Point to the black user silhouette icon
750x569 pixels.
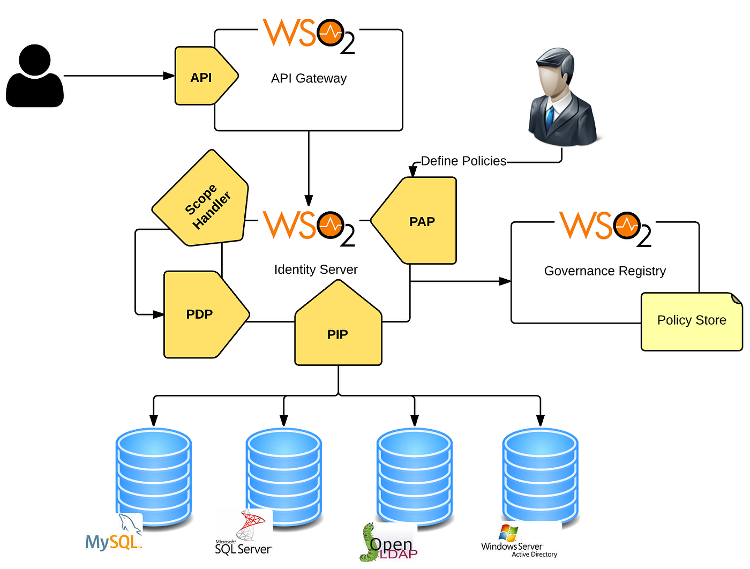click(x=35, y=76)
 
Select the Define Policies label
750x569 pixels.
click(x=463, y=161)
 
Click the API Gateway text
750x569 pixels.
click(x=309, y=78)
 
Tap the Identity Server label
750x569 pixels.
click(x=316, y=269)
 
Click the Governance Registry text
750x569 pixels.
click(x=605, y=271)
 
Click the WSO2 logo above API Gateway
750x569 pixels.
click(x=309, y=35)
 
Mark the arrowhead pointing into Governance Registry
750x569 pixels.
click(x=505, y=281)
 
